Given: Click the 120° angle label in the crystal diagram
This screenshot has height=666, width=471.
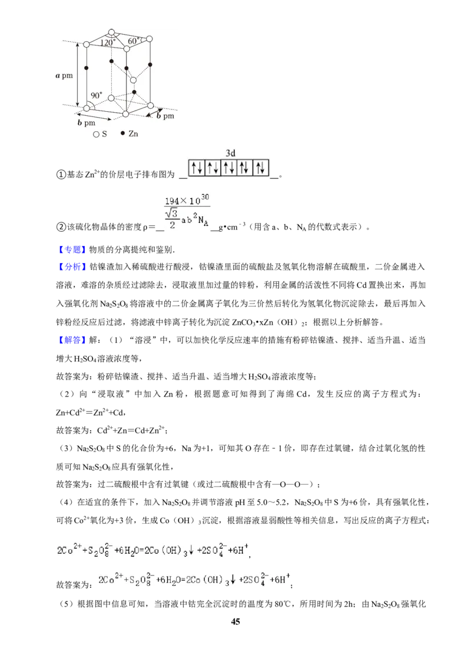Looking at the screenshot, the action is click(108, 42).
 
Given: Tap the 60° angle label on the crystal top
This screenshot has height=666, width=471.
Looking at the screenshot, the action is click(133, 41).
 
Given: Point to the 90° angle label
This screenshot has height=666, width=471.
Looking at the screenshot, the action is click(97, 95).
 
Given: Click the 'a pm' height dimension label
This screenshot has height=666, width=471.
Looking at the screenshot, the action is click(64, 76).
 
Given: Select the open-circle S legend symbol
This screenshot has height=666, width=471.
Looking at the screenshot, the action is click(95, 134).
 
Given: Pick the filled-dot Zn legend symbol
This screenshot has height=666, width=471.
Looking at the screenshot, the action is click(123, 134).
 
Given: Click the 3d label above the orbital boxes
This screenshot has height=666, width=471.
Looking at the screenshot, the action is click(230, 153).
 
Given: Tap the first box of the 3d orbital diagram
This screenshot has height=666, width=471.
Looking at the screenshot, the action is click(197, 168).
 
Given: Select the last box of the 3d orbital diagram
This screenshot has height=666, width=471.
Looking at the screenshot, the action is click(261, 168).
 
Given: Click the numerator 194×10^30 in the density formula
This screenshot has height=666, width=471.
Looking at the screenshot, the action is click(187, 199).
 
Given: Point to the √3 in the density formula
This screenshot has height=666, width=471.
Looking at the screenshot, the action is click(172, 213).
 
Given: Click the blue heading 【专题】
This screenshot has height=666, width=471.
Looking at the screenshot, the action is click(72, 249).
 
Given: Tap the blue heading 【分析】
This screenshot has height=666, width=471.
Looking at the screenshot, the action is click(72, 267).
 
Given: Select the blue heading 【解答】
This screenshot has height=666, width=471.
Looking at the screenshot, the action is click(72, 340).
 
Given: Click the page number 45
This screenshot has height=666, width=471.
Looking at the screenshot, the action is click(235, 621).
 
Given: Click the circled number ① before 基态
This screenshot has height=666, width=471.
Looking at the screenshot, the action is click(61, 175).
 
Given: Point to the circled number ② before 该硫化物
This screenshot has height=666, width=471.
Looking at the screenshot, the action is click(61, 227).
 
